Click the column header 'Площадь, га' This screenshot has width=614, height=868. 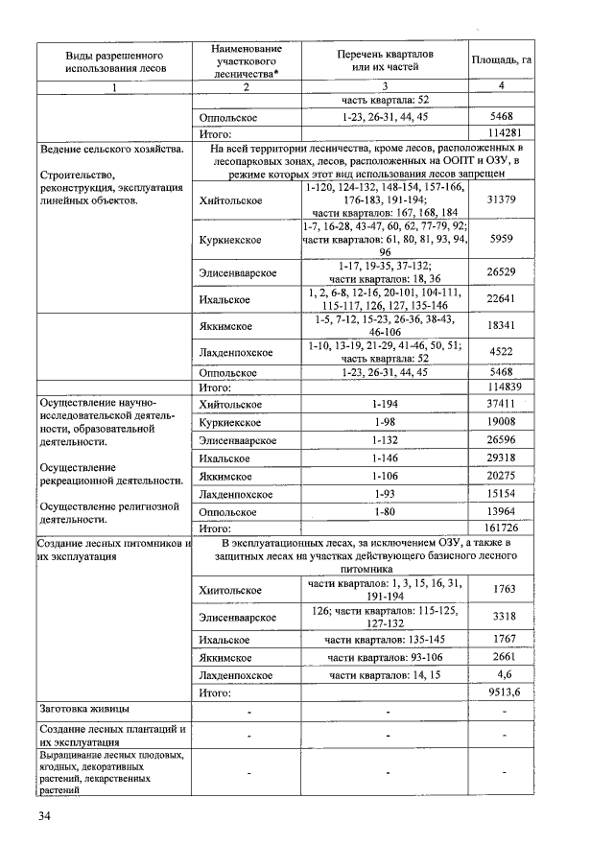point(502,60)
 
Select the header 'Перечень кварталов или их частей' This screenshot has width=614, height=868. point(386,60)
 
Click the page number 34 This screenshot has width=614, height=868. point(45,816)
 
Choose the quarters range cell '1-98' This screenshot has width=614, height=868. point(386,422)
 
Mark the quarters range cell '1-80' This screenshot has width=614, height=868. point(386,511)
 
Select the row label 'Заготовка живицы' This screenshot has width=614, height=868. point(84,710)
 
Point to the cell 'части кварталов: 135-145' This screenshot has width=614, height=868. point(386,640)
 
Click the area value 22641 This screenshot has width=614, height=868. point(502,297)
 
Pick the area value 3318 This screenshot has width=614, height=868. point(502,615)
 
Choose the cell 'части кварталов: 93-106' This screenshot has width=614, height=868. point(386,657)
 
